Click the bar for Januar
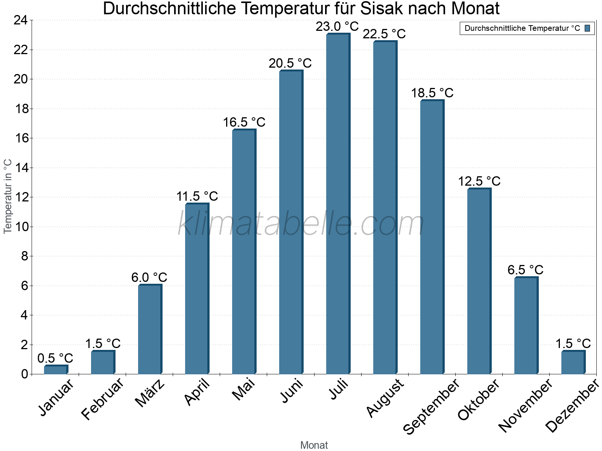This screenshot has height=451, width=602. click(x=56, y=369)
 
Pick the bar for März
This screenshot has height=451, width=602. click(x=150, y=329)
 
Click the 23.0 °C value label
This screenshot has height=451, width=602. click(x=337, y=27)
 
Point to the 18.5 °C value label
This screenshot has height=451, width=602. click(x=432, y=93)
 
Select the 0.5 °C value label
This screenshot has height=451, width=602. click(x=55, y=358)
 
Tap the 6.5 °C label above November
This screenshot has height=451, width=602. click(x=525, y=270)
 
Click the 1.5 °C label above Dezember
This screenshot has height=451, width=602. click(x=573, y=344)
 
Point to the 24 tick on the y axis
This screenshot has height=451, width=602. click(x=21, y=20)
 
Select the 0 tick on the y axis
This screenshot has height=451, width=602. click(x=24, y=374)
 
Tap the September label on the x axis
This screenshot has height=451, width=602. click(x=431, y=406)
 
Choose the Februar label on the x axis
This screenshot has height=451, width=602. click(x=102, y=398)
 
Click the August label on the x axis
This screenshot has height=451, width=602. click(x=385, y=398)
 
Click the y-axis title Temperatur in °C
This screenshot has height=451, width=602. click(x=8, y=196)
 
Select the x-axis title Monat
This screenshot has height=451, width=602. click(x=314, y=445)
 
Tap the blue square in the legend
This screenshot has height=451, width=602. click(x=587, y=28)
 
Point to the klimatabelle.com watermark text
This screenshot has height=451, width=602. click(x=301, y=224)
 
